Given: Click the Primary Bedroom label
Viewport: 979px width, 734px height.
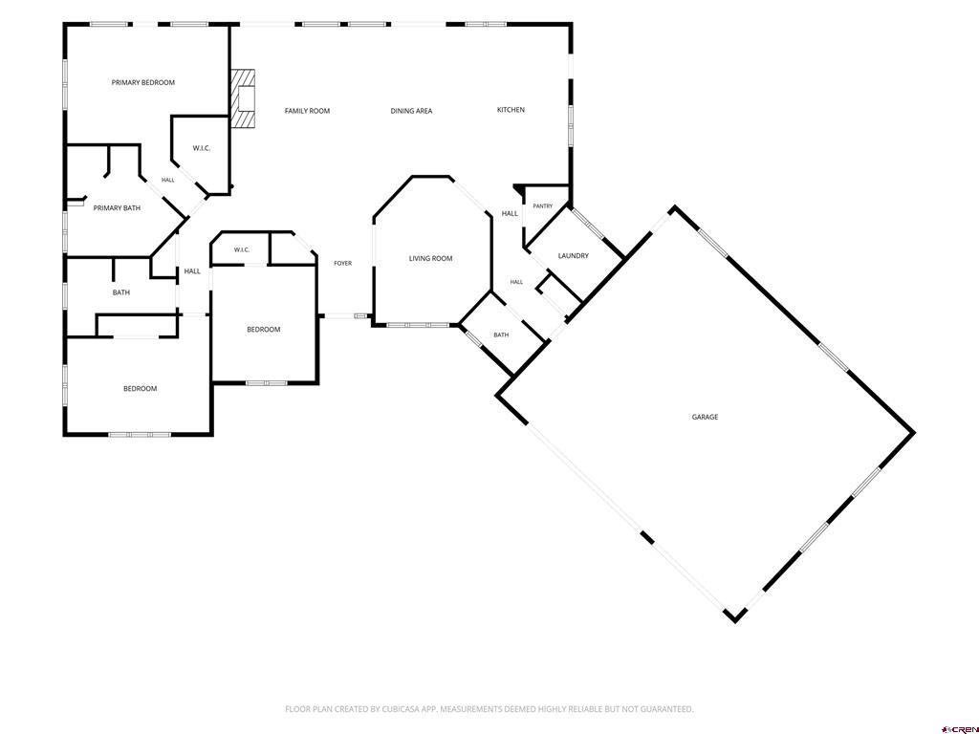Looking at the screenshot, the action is pos(143,82).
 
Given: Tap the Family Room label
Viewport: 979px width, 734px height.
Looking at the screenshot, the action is pos(307,111).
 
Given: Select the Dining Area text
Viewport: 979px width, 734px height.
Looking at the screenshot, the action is pos(411,111).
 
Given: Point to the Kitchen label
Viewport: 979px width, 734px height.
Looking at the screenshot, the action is pos(511,110).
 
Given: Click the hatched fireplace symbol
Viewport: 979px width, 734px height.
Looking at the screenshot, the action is pos(243,98).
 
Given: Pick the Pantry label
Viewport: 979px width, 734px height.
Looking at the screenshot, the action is pos(543,206).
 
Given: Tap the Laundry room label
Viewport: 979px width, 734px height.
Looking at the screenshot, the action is pos(574,256).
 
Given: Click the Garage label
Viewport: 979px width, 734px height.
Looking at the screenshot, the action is pos(705,417).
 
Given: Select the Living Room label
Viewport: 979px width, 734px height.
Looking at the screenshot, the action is pos(431,258).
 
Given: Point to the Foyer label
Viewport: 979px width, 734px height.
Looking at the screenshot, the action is pos(343,264).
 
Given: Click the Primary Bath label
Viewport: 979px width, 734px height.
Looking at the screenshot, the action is pos(117,207).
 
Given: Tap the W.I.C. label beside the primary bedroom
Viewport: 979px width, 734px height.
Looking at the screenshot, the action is pos(202,148).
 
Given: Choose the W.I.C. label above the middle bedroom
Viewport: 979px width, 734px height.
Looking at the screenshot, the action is pos(242,250).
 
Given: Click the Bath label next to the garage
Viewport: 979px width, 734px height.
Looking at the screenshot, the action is pos(501,335).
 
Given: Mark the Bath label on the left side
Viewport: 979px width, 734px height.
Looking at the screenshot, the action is pos(121,292).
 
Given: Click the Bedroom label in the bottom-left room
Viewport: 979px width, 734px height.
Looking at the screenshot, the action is pos(140,389).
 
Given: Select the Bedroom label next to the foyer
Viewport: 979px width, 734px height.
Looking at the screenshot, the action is pos(264,330).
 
